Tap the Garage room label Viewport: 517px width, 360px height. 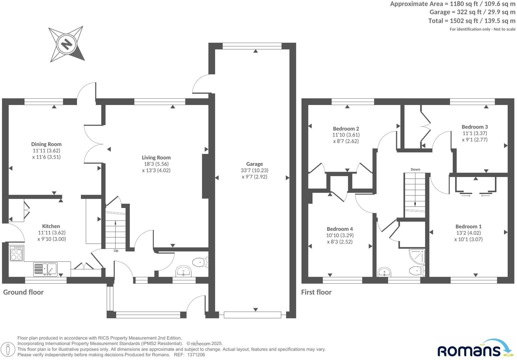[x=255, y=164]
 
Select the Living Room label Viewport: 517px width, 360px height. [x=156, y=157]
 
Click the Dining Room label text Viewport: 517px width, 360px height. [x=46, y=144]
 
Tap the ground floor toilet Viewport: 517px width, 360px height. [x=201, y=262]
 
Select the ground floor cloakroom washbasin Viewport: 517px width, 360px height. [x=183, y=271]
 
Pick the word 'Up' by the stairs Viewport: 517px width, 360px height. [x=116, y=251]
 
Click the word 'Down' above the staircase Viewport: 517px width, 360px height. [x=415, y=169]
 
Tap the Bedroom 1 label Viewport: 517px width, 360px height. [x=468, y=226]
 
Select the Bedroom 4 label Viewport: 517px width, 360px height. [x=339, y=229]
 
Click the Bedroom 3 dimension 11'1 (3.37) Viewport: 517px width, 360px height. [x=474, y=133]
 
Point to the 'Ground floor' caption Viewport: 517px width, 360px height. [x=23, y=292]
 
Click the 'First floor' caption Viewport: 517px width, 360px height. [x=316, y=292]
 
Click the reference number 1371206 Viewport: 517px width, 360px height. [x=196, y=355]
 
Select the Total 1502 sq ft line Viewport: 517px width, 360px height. [x=471, y=21]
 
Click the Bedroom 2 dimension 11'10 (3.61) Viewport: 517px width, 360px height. [x=346, y=135]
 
